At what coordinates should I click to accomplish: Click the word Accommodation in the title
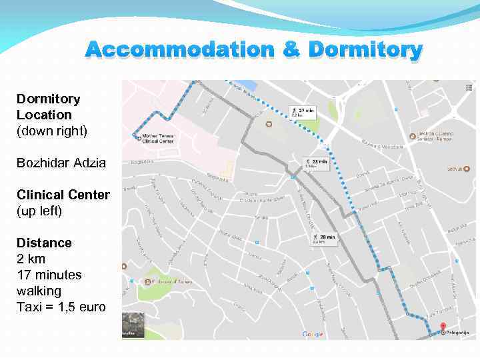(x=179, y=50)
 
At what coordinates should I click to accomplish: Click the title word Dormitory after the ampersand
(x=365, y=50)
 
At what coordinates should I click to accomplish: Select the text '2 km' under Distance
(x=31, y=259)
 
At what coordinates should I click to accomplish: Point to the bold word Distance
(x=44, y=243)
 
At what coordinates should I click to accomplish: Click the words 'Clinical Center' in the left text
(x=63, y=195)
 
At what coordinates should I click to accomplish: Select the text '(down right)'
(x=52, y=131)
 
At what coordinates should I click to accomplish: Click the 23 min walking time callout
(x=316, y=163)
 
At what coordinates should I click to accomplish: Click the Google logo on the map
(x=312, y=334)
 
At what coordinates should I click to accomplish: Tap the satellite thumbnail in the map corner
(x=132, y=325)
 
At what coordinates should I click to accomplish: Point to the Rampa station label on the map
(x=436, y=135)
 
